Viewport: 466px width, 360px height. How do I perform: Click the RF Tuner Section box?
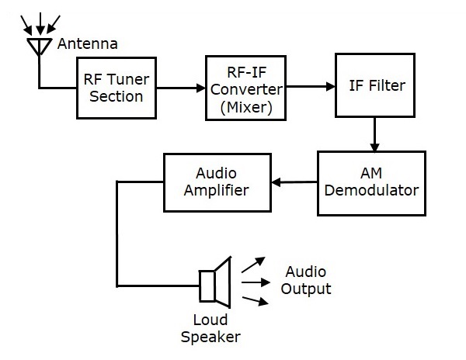113,86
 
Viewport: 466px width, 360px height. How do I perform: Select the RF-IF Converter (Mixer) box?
246,87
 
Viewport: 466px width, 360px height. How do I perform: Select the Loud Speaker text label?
210,328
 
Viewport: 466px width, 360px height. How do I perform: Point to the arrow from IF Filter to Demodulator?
374,133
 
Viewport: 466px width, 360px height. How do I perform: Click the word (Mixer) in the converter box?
246,108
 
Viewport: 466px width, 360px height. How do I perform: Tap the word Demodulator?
371,191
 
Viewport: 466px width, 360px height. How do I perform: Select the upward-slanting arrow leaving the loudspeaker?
253,265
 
